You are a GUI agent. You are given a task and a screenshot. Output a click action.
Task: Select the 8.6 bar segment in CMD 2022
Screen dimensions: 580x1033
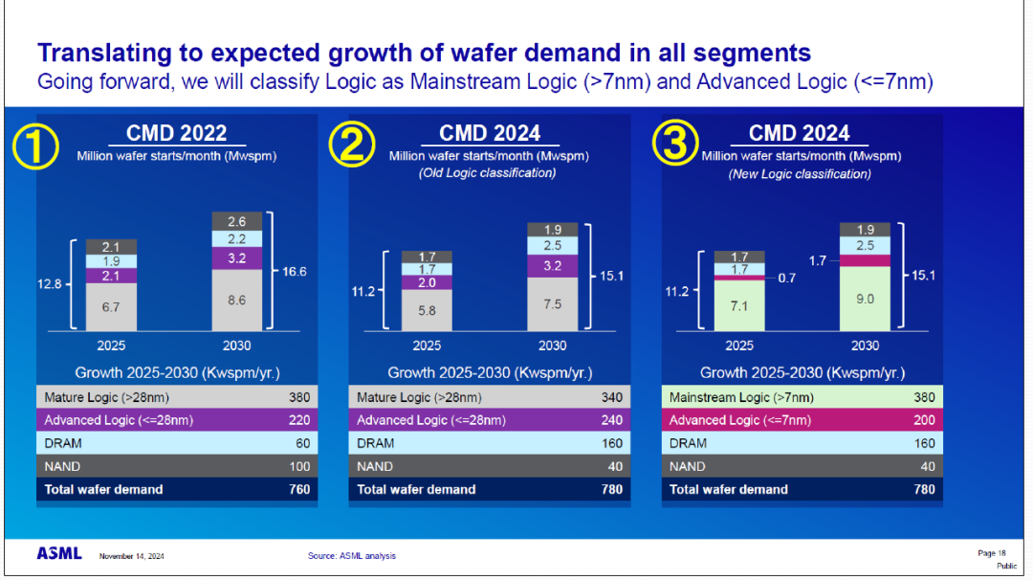click(236, 300)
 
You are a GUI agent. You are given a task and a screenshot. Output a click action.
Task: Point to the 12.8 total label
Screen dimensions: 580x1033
click(51, 283)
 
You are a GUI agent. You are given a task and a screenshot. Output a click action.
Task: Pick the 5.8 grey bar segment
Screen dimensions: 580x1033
click(427, 311)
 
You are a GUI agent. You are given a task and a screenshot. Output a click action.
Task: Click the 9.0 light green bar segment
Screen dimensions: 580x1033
click(865, 298)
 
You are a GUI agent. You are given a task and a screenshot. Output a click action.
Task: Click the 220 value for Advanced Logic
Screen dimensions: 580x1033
click(299, 420)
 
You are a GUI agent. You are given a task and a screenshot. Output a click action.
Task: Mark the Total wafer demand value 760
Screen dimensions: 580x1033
click(299, 489)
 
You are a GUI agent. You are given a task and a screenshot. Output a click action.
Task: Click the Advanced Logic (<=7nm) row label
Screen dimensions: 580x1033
click(739, 420)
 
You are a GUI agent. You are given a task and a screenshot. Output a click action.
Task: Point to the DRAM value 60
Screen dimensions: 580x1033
click(300, 443)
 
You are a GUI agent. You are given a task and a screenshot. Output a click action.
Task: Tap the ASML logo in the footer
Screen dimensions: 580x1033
click(59, 554)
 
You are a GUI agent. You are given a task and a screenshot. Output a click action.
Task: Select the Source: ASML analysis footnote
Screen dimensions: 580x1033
click(351, 556)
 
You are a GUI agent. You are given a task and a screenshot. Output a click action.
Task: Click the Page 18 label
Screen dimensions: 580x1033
click(992, 553)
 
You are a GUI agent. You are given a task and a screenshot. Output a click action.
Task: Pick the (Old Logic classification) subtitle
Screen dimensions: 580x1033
click(489, 173)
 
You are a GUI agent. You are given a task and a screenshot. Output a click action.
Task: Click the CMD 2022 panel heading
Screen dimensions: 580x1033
click(177, 134)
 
